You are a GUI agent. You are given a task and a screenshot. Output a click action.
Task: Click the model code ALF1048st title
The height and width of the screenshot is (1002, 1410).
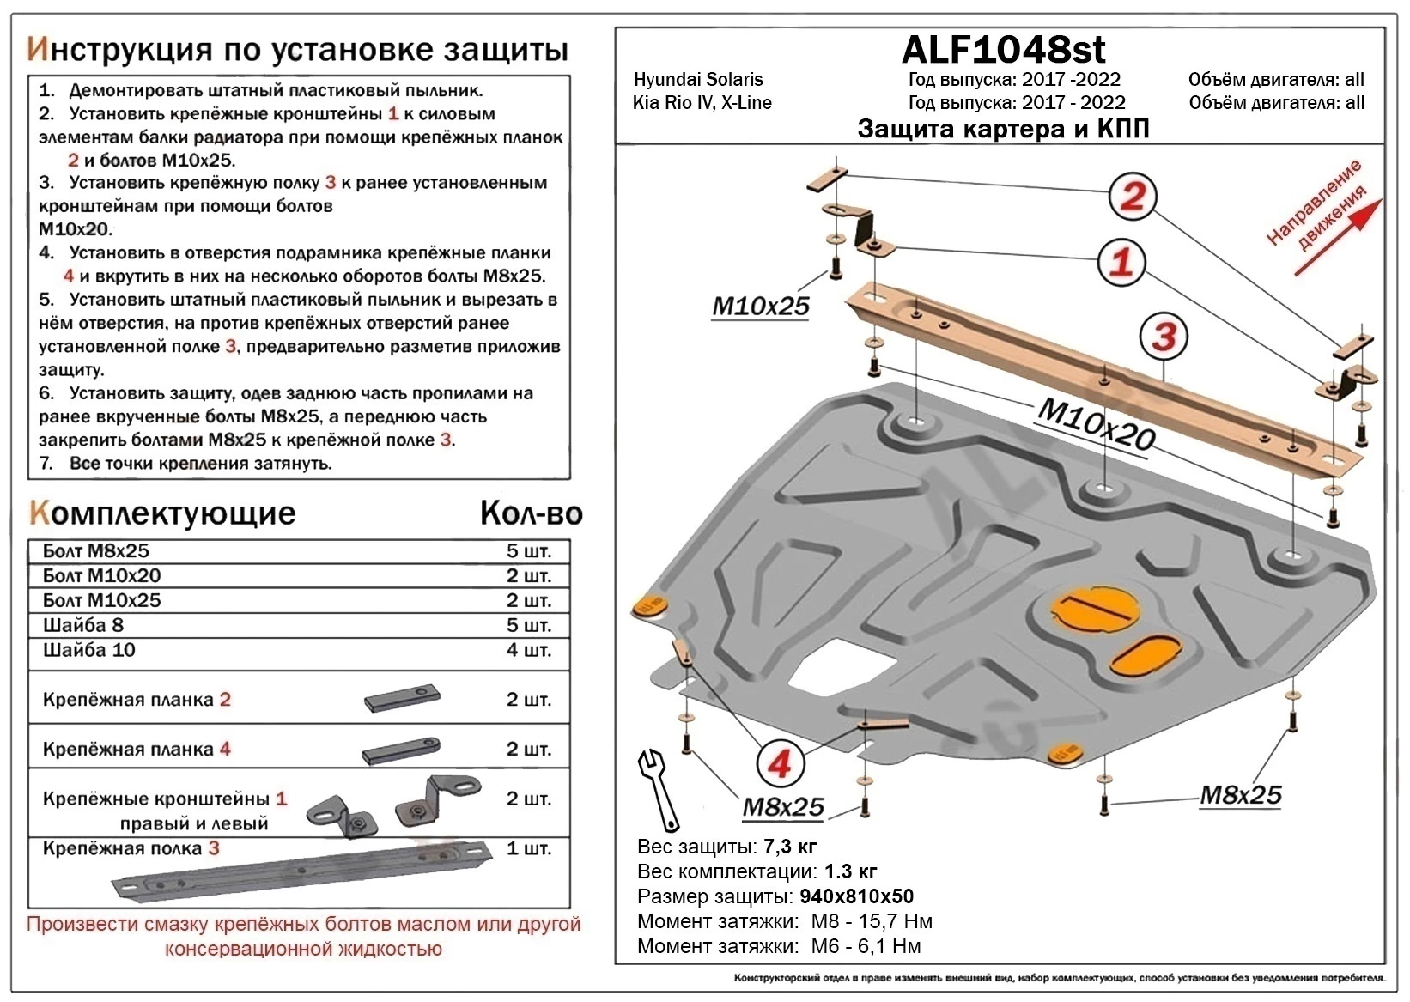(1003, 50)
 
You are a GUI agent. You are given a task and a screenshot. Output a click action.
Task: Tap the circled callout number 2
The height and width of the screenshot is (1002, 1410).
(1132, 197)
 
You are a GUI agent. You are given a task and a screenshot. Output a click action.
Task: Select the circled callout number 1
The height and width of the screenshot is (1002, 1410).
(1121, 261)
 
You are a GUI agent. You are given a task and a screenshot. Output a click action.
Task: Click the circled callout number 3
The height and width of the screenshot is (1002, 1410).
(1164, 337)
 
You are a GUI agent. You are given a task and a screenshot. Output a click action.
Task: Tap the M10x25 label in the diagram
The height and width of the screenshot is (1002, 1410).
(760, 306)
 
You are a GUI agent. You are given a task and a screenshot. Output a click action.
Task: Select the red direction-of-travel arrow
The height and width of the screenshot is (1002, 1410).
(1338, 238)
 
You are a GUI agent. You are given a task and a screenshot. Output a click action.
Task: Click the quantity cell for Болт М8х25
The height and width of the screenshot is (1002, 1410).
(528, 551)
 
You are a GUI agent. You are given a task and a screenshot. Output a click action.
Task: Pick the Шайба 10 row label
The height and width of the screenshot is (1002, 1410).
(89, 650)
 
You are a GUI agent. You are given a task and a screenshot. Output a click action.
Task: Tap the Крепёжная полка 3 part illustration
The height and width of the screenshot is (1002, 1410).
(301, 871)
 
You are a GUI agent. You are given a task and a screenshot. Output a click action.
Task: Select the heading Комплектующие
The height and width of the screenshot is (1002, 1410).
(162, 513)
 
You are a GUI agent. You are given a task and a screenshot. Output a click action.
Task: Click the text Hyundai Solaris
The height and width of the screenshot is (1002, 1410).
(698, 80)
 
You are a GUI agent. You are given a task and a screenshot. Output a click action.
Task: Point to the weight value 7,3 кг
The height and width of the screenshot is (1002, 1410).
(789, 847)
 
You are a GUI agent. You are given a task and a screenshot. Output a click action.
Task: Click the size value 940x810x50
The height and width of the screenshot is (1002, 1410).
(856, 897)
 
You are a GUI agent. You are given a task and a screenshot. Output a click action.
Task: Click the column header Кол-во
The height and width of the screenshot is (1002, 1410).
(531, 513)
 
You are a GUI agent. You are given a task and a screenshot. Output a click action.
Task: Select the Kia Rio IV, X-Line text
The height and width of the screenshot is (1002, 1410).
(702, 103)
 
